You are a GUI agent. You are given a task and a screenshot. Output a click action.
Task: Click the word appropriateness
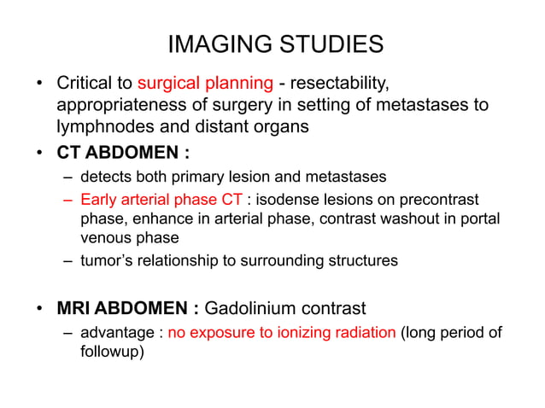click(118, 105)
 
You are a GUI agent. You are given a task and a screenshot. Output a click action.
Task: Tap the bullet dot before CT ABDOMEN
click(39, 154)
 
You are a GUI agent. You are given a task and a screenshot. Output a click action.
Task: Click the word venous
click(107, 238)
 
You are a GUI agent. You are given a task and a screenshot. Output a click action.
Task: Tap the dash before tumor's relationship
click(67, 260)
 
